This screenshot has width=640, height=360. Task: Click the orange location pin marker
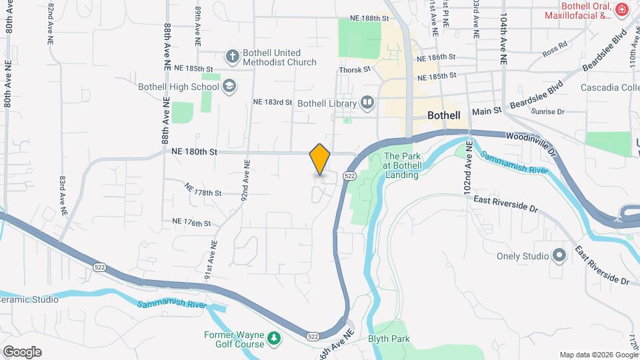(320, 159)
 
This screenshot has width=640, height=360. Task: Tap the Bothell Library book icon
(367, 103)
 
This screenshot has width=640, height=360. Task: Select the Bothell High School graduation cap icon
(229, 86)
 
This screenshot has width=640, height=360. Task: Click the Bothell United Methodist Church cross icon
(232, 57)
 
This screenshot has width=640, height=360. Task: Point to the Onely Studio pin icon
(559, 256)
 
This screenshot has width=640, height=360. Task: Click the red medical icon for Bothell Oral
(621, 10)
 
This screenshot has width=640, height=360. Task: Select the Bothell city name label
(444, 115)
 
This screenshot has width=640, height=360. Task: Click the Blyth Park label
(385, 338)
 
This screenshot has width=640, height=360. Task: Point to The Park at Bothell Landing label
(401, 166)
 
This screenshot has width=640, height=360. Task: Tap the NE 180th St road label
(195, 152)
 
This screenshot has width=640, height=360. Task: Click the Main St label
(486, 112)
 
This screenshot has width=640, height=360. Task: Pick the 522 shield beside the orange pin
(349, 175)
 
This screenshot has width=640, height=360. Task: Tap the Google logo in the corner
(21, 352)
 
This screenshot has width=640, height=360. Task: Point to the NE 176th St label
(191, 222)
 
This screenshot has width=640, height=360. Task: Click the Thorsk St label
(354, 69)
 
